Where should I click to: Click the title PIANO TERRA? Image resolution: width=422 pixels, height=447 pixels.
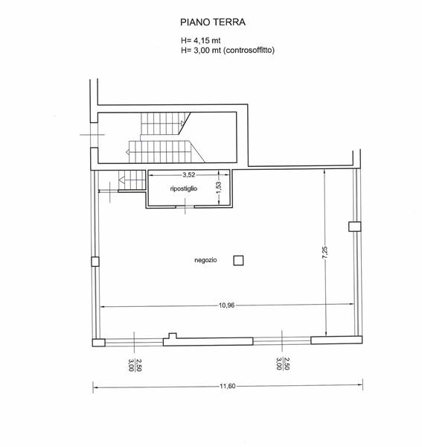213,22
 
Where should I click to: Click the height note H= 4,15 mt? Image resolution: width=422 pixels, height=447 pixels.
200,40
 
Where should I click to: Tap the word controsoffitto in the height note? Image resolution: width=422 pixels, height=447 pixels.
249,51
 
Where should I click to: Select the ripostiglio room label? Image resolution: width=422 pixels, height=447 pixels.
184,188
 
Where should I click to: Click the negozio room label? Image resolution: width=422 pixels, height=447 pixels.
205,260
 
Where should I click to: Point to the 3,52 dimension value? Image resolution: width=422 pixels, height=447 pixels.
189,175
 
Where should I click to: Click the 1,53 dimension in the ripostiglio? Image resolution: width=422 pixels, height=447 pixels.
219,188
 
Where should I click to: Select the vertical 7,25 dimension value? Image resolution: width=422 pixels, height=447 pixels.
325,253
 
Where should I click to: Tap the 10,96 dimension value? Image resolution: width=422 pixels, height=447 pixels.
227,305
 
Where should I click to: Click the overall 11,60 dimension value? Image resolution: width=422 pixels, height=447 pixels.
228,386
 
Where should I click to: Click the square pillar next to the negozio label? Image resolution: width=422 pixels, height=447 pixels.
238,261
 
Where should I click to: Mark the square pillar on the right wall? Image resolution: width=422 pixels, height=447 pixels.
355,226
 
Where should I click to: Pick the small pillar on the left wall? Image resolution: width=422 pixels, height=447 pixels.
95,261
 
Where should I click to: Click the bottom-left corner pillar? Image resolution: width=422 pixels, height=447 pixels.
98,343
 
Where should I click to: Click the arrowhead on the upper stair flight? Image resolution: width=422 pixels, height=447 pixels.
182,123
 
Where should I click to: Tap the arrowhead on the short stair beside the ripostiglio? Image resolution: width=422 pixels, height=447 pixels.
121,180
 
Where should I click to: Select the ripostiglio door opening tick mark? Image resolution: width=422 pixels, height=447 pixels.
185,206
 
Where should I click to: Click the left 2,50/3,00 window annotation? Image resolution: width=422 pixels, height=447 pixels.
135,364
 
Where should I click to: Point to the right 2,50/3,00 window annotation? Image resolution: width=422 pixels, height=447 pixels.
283,364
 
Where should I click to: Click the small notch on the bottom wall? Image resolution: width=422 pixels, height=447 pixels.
173,335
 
